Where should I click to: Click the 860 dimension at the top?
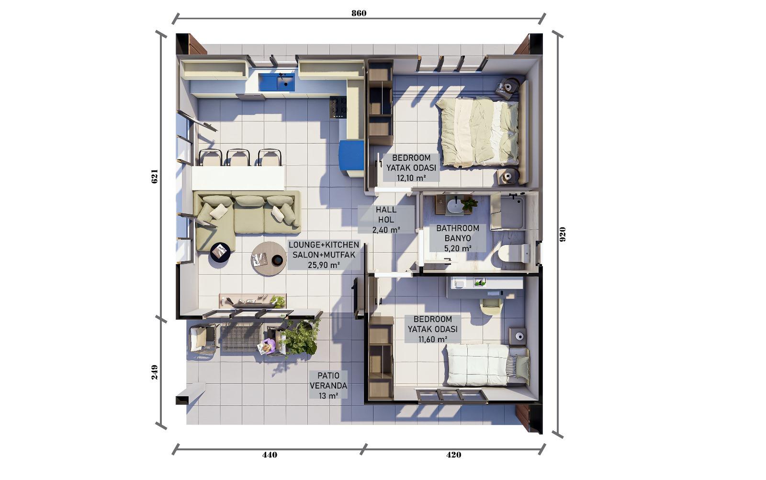(x=359, y=13)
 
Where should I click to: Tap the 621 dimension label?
(x=155, y=177)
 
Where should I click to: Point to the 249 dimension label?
(x=155, y=372)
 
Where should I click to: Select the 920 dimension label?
(x=563, y=234)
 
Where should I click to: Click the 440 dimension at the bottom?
(x=270, y=455)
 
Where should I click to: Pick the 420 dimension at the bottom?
(x=453, y=455)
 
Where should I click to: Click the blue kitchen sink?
(x=277, y=82)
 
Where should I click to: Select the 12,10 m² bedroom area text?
(x=411, y=178)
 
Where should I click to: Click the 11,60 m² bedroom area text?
(x=433, y=339)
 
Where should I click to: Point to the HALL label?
(x=386, y=210)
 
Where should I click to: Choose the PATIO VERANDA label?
(x=328, y=380)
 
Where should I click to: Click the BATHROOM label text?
(x=458, y=228)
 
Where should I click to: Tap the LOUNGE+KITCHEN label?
(x=324, y=245)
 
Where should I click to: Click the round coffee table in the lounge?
(x=269, y=259)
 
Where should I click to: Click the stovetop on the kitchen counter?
(x=338, y=107)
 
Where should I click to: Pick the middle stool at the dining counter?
(x=238, y=157)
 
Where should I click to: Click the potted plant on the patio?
(x=300, y=338)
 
